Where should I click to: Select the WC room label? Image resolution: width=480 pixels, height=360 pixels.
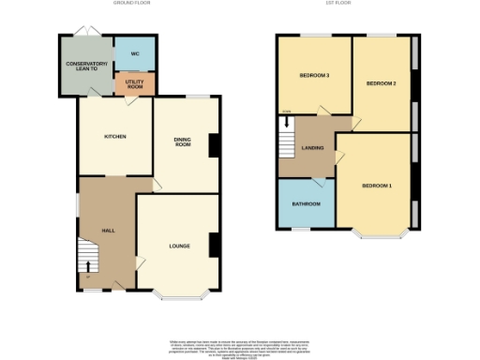point(135,53)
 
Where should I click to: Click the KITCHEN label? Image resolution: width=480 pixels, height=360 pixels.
point(114,137)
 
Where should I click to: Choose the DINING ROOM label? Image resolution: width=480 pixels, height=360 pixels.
point(183,142)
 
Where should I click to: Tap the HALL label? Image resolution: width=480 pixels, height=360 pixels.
point(108,230)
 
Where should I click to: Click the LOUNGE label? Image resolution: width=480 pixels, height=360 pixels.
point(180,247)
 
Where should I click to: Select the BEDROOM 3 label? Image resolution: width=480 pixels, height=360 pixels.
point(313,75)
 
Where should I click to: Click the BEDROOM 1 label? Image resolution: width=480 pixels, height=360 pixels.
point(377,186)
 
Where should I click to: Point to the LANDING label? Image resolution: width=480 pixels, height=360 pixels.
point(312,148)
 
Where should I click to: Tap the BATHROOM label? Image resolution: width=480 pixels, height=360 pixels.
point(306,202)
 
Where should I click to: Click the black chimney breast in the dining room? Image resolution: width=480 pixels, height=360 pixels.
point(214,146)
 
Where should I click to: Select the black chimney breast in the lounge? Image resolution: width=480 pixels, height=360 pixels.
point(214,245)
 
